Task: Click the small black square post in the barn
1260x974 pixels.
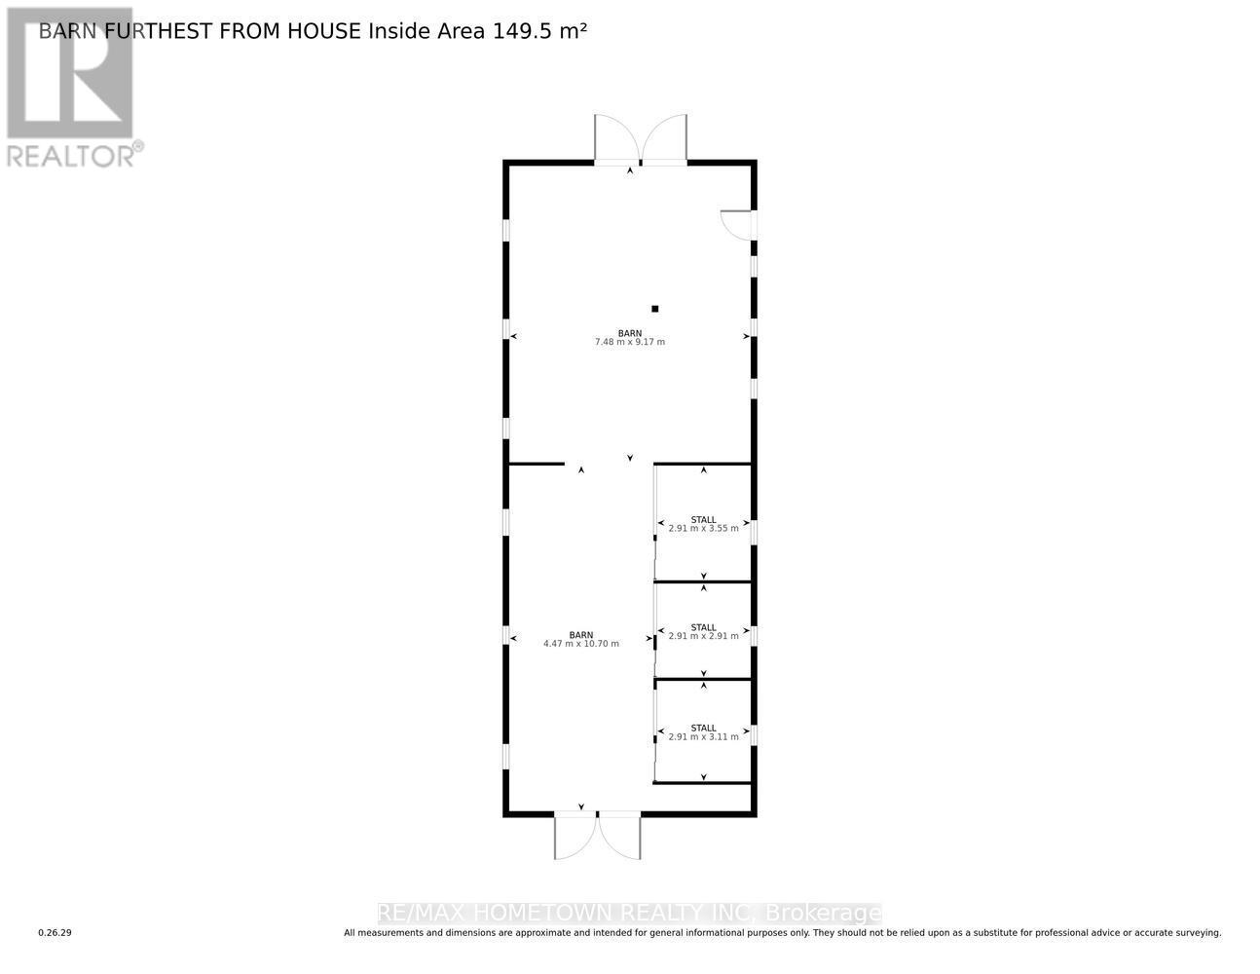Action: (x=655, y=309)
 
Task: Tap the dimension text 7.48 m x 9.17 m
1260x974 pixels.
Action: (x=629, y=343)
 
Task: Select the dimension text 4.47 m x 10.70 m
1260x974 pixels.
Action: (x=580, y=644)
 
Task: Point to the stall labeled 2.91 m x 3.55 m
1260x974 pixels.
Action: (x=703, y=525)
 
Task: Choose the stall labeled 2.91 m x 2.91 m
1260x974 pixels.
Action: (x=703, y=632)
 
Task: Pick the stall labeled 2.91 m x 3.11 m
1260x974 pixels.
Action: (x=703, y=732)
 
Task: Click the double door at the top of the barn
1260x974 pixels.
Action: (x=641, y=140)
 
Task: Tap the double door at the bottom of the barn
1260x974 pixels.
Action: (x=597, y=836)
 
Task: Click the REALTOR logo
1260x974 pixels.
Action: (x=70, y=88)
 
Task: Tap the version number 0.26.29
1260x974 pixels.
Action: (x=56, y=933)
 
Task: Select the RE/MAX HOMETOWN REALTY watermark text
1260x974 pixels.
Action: (x=629, y=914)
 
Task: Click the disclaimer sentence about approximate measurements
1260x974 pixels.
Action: (x=782, y=933)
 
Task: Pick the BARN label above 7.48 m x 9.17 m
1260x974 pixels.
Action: (x=629, y=333)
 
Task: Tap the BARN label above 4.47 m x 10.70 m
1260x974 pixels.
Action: (x=580, y=634)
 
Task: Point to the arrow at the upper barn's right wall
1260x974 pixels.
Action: (x=747, y=336)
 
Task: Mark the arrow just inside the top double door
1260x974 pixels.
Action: (x=629, y=170)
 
